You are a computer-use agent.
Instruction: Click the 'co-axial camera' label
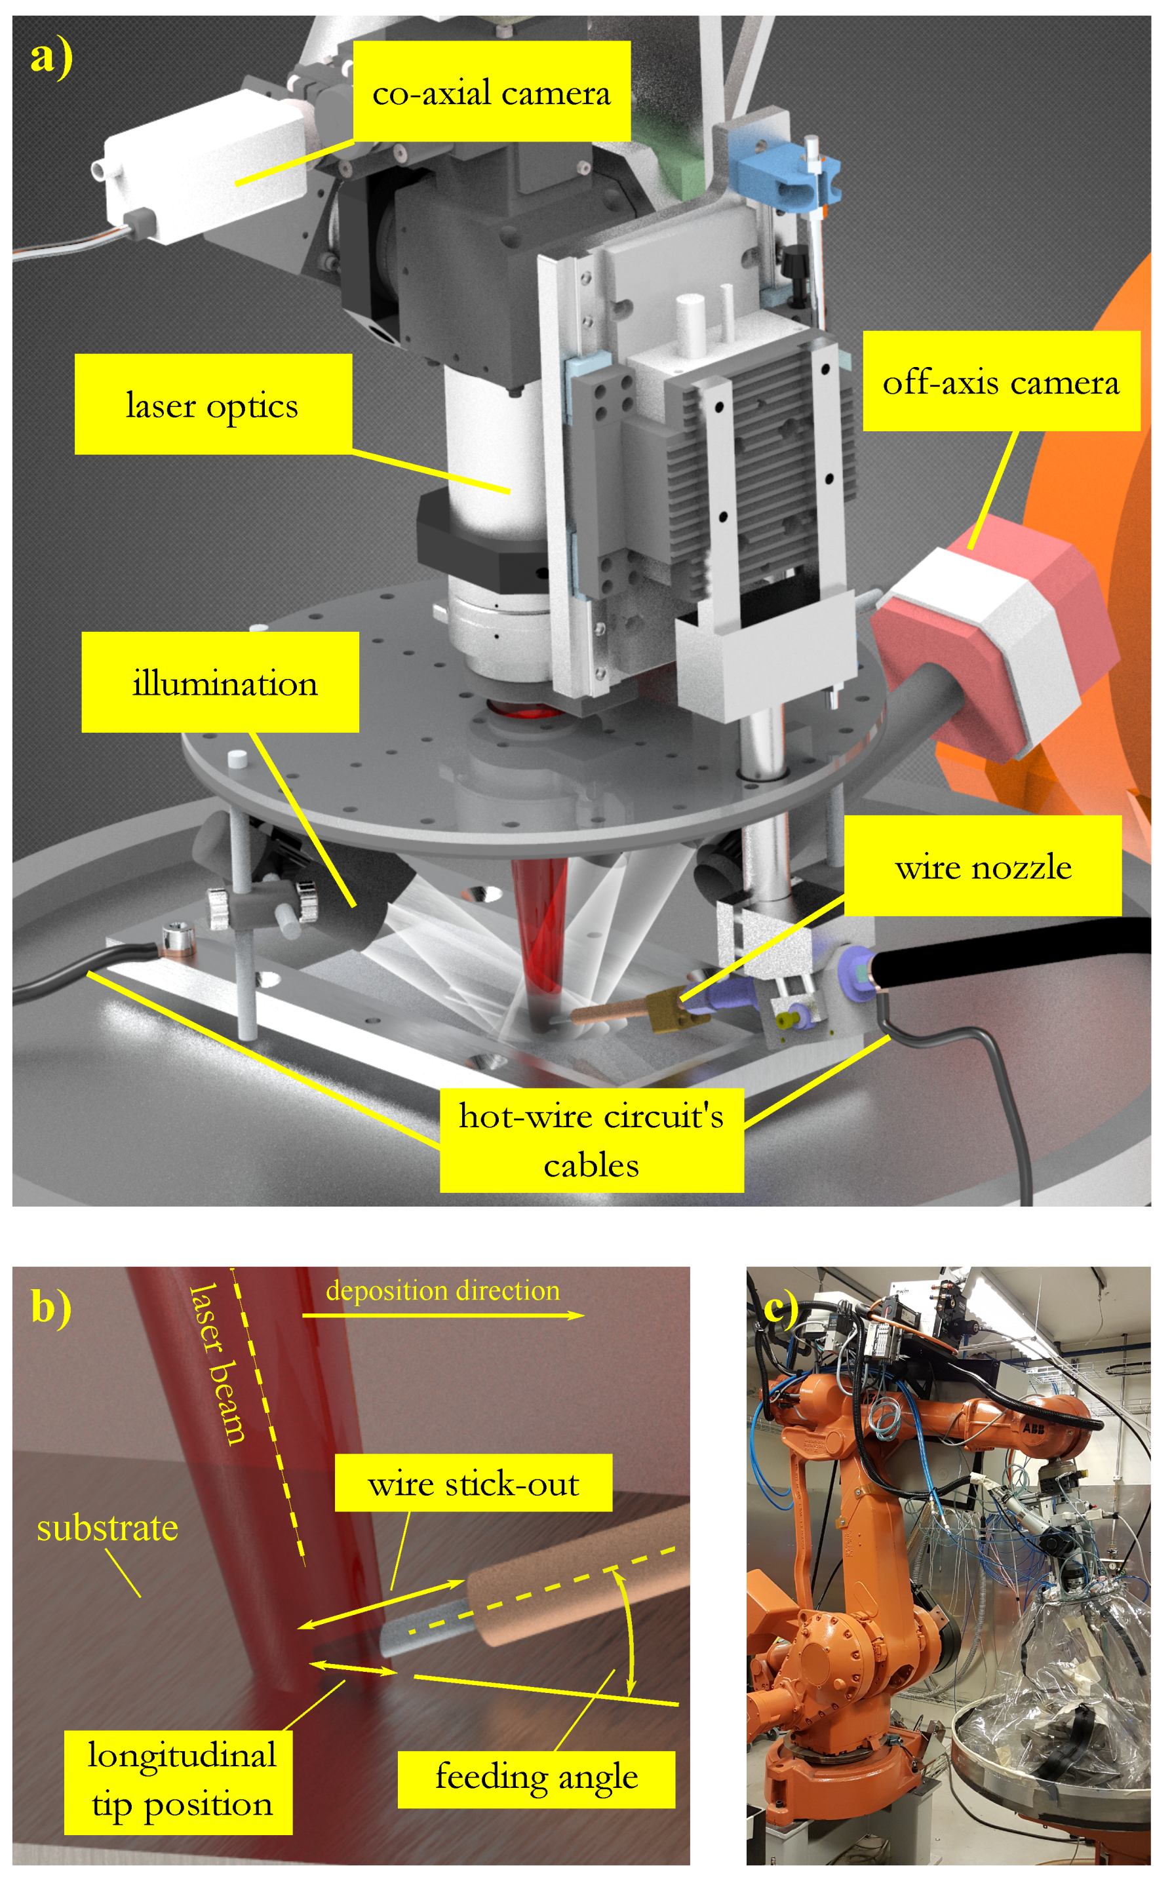click(492, 92)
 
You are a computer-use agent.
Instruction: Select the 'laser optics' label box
click(213, 404)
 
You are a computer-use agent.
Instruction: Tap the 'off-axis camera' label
click(1001, 381)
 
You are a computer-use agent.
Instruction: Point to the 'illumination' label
click(220, 682)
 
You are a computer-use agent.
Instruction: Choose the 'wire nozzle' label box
click(982, 866)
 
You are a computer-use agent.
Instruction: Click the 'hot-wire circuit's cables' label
click(591, 1140)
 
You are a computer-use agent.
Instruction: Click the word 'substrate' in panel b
click(107, 1528)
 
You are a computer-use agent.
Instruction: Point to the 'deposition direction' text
click(442, 1290)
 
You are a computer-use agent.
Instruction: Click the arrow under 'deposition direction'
click(442, 1315)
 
